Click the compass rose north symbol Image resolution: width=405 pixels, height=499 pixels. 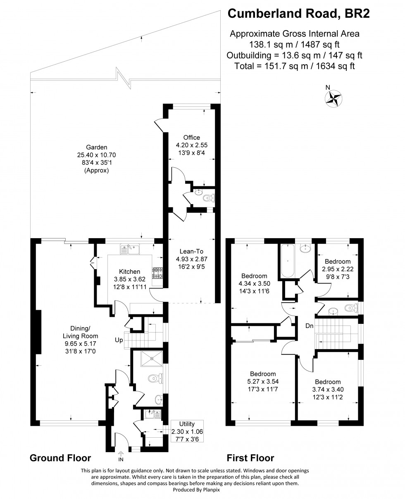point(334,99)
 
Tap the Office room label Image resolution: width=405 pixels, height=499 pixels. point(191,137)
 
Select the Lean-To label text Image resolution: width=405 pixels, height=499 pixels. point(191,251)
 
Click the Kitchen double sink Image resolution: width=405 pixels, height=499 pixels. point(130,249)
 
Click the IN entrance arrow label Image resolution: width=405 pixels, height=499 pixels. point(121,460)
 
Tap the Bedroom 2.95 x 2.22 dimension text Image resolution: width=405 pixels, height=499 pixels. point(337,269)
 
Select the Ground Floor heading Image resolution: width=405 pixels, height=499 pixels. point(60,458)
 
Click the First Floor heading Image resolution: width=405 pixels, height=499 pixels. point(250,458)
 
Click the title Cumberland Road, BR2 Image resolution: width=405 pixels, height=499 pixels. point(299,14)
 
